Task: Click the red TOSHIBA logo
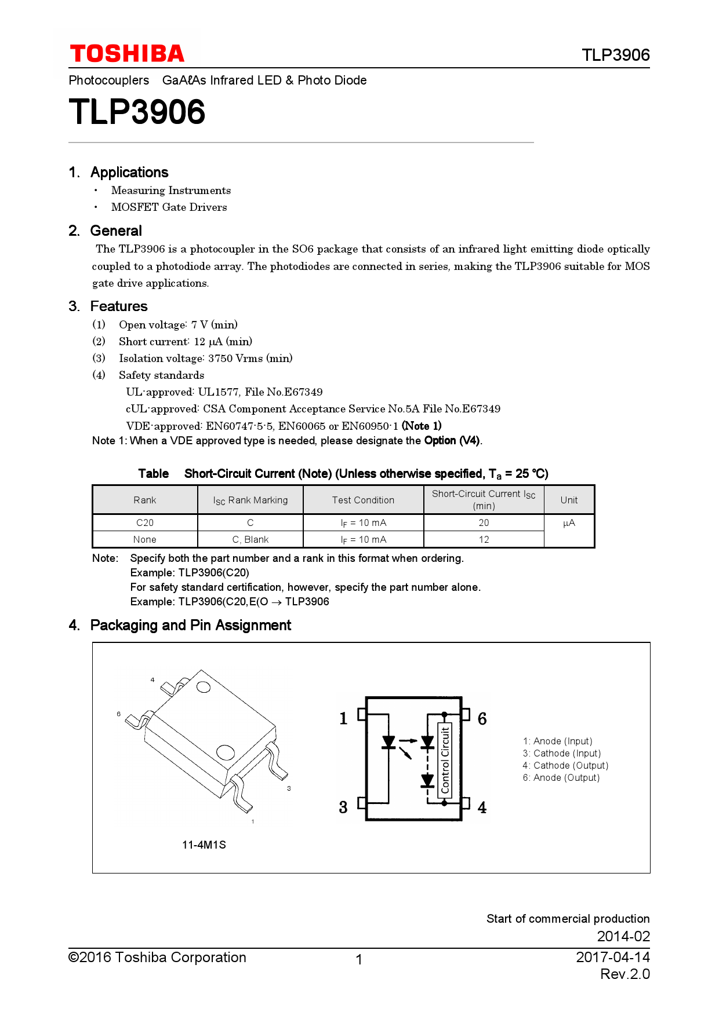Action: tap(127, 54)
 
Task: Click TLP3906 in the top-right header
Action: tap(615, 55)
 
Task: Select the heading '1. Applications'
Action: tap(119, 173)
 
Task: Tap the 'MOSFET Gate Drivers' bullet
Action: tap(169, 207)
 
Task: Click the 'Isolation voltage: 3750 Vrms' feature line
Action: tap(205, 359)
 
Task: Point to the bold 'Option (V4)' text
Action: tap(452, 441)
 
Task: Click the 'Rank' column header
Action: tap(145, 500)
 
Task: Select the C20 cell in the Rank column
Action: tap(145, 522)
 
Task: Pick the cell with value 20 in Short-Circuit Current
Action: tap(484, 522)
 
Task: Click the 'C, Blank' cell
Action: tap(250, 539)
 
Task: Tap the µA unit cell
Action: tap(569, 523)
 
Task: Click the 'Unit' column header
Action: tap(569, 500)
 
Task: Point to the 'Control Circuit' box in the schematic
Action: tap(445, 759)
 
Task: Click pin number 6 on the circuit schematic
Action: tap(482, 719)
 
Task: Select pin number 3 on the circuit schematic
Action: tap(343, 807)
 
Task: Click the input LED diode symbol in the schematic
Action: tap(388, 742)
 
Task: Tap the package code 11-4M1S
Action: tap(204, 845)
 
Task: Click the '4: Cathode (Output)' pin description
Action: tap(565, 766)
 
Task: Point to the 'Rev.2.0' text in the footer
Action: tap(624, 974)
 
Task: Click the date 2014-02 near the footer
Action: tap(623, 936)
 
